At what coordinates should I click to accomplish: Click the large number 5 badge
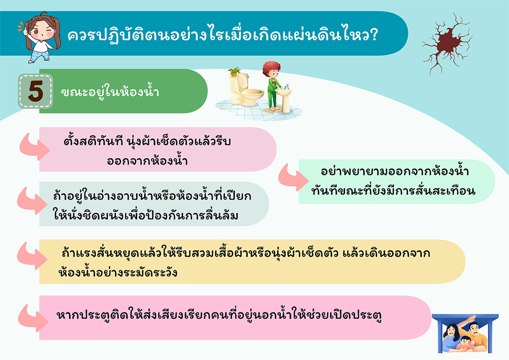tap(35, 91)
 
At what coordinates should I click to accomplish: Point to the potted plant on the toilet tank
tap(234, 72)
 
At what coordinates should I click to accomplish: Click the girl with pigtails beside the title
tap(40, 38)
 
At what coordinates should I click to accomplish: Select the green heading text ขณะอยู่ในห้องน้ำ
tap(110, 92)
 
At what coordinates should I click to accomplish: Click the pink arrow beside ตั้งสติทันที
tap(34, 148)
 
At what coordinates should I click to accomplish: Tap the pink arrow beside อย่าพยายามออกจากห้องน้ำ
tap(293, 178)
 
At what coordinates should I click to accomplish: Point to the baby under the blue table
tap(466, 344)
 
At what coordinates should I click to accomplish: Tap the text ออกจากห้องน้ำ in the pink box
tap(147, 161)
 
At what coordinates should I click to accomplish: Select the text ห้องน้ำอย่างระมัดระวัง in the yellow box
tap(118, 272)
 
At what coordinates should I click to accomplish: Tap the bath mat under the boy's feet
tap(272, 110)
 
